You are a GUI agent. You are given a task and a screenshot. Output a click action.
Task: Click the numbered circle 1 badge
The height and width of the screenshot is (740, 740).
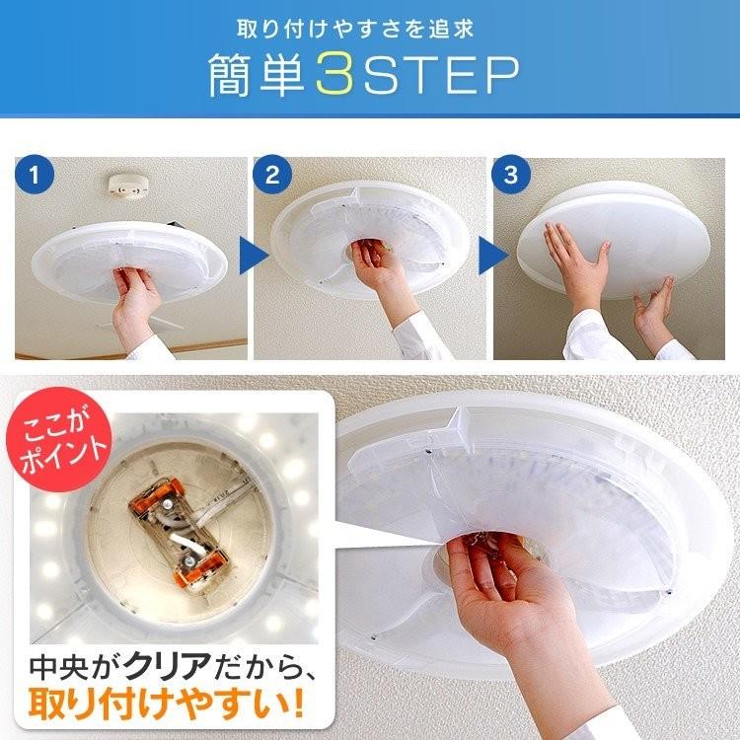pyautogui.click(x=34, y=175)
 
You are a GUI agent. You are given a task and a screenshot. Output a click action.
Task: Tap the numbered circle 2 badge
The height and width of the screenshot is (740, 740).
pyautogui.click(x=272, y=175)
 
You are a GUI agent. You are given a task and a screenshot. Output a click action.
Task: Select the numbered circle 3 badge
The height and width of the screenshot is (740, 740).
pyautogui.click(x=511, y=175)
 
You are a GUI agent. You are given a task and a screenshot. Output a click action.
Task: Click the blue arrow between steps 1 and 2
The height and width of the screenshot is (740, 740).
pyautogui.click(x=254, y=256)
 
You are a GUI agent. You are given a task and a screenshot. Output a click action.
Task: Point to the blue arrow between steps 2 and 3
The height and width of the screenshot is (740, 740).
pyautogui.click(x=493, y=256)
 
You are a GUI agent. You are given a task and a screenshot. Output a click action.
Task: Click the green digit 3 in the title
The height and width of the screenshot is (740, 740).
pyautogui.click(x=334, y=74)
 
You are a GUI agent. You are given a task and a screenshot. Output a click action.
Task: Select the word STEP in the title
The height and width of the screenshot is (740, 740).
pyautogui.click(x=441, y=75)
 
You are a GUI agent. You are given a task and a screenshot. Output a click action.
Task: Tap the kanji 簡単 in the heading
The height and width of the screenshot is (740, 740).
pyautogui.click(x=259, y=75)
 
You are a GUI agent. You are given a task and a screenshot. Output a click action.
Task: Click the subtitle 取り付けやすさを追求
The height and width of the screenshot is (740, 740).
pyautogui.click(x=355, y=29)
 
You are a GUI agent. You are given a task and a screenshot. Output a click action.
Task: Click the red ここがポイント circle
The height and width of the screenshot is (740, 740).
pyautogui.click(x=59, y=439)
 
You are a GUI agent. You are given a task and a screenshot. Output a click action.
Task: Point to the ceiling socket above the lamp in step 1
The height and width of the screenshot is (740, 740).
pyautogui.click(x=128, y=185)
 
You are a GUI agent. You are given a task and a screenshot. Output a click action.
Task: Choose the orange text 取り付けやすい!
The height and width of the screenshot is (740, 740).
pyautogui.click(x=165, y=703)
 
